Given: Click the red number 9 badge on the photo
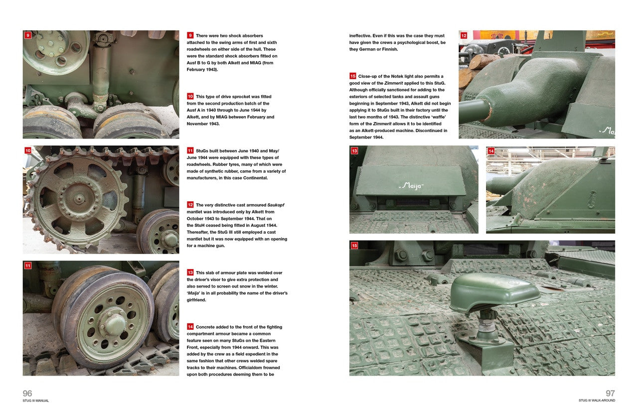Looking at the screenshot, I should click(x=28, y=35).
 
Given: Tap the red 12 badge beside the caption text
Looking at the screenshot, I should click(x=190, y=205).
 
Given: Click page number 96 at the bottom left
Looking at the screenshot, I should click(x=27, y=394).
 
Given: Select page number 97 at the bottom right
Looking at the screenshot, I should click(x=610, y=394).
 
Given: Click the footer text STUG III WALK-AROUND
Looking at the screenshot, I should click(x=597, y=401).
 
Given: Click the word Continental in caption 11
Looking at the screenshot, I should click(x=254, y=178).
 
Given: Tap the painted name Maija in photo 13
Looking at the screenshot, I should click(x=411, y=186).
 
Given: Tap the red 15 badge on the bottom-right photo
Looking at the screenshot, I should click(x=354, y=246).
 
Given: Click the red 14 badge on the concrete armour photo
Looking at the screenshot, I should click(x=491, y=151).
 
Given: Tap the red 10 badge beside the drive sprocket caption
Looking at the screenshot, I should click(x=190, y=97).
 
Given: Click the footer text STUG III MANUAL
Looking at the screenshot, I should click(x=36, y=401).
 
